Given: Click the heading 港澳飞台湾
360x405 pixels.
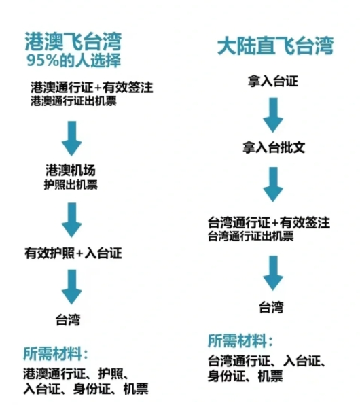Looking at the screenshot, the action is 73,41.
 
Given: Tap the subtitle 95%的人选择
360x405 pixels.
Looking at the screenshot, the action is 73,60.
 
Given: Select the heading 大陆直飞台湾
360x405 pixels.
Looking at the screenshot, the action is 275,46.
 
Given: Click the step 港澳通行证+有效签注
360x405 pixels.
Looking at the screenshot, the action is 92,87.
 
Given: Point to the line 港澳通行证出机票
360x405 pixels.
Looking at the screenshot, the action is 73,101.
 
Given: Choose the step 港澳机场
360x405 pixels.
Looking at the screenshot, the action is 71,170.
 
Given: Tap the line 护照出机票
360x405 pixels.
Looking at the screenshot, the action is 71,184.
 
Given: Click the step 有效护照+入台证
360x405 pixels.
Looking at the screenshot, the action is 73,253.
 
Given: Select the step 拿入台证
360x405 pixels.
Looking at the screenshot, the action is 273,81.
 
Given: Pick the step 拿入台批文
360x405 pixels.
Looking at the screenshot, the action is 274,147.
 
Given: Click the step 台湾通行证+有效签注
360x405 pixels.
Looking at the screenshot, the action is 269,223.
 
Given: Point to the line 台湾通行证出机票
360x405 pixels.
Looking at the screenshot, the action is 251,236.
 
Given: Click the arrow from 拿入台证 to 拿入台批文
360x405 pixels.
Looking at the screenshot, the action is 273,115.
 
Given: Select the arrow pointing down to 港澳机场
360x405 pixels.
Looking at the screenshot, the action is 72,139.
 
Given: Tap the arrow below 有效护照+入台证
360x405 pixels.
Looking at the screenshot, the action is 72,287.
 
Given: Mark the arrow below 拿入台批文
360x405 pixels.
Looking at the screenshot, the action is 273,184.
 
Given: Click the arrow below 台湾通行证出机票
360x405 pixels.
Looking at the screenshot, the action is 273,273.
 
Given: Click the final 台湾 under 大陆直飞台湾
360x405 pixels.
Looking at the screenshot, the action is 271,307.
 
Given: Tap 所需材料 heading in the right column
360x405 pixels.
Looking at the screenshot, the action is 237,340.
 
